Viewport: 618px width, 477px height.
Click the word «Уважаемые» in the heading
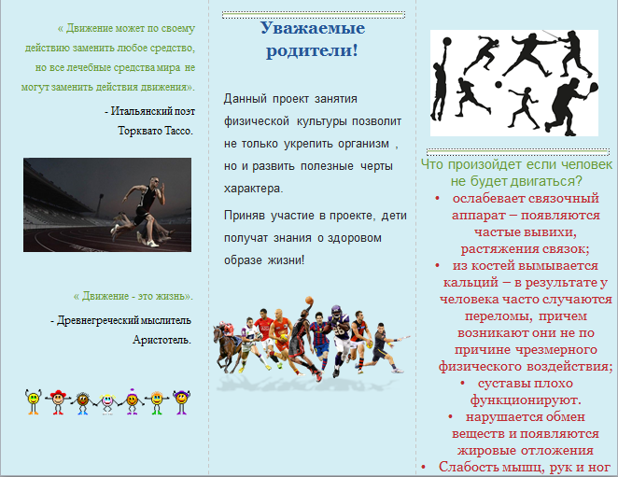tap(313, 28)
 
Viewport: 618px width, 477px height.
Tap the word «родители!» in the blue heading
tap(312, 50)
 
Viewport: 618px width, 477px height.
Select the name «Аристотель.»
tap(162, 340)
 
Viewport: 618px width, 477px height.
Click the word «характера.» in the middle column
tap(253, 189)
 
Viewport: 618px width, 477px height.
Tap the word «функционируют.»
tap(526, 400)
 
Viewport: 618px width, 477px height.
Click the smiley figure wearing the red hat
tap(58, 401)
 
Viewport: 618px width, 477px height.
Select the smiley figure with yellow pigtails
tap(107, 403)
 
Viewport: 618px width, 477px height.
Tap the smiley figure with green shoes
tap(157, 402)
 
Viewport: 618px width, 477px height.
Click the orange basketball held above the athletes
tap(309, 301)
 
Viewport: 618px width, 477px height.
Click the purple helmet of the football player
tap(336, 311)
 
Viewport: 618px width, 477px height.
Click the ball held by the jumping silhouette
tap(446, 42)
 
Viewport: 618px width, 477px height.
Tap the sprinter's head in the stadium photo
tap(154, 182)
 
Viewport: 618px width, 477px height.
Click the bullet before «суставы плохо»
tap(463, 383)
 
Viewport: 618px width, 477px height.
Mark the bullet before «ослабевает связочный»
tap(437, 198)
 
